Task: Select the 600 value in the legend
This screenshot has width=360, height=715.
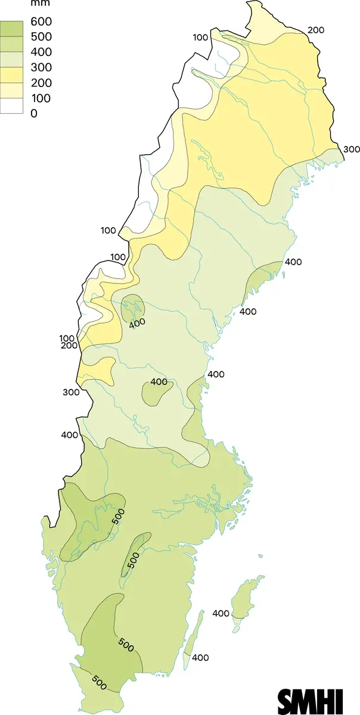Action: click(41, 22)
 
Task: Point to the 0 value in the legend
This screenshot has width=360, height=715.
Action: click(34, 113)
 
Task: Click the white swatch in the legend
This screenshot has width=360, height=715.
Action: click(11, 106)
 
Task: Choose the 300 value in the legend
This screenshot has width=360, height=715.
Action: click(41, 67)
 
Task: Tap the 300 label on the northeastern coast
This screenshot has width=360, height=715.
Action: click(350, 149)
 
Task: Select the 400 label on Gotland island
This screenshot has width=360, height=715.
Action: click(221, 613)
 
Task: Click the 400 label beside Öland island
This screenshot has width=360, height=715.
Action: click(200, 658)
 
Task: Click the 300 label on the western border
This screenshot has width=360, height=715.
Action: click(70, 392)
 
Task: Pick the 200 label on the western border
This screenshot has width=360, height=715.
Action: click(69, 346)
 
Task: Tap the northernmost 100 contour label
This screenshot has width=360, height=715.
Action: click(200, 38)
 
